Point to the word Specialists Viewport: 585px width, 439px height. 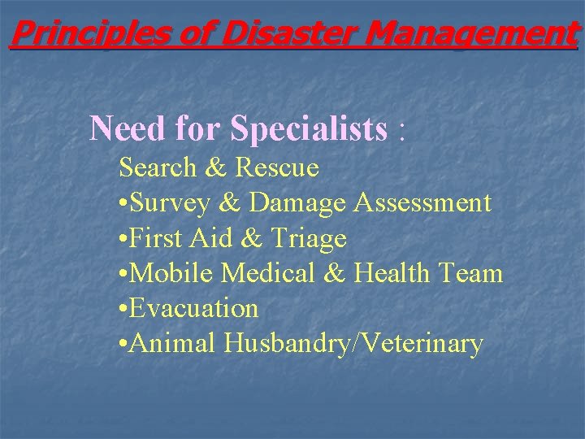[x=309, y=128]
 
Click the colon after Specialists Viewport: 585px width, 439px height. [x=401, y=130]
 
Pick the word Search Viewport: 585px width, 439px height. [x=158, y=168]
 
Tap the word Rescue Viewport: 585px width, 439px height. [x=277, y=168]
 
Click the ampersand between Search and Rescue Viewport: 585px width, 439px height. [x=216, y=168]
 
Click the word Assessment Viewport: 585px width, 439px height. [x=422, y=203]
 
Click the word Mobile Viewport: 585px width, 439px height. [x=171, y=273]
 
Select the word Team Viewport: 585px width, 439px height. [x=474, y=273]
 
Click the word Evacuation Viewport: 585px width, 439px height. [x=193, y=308]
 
